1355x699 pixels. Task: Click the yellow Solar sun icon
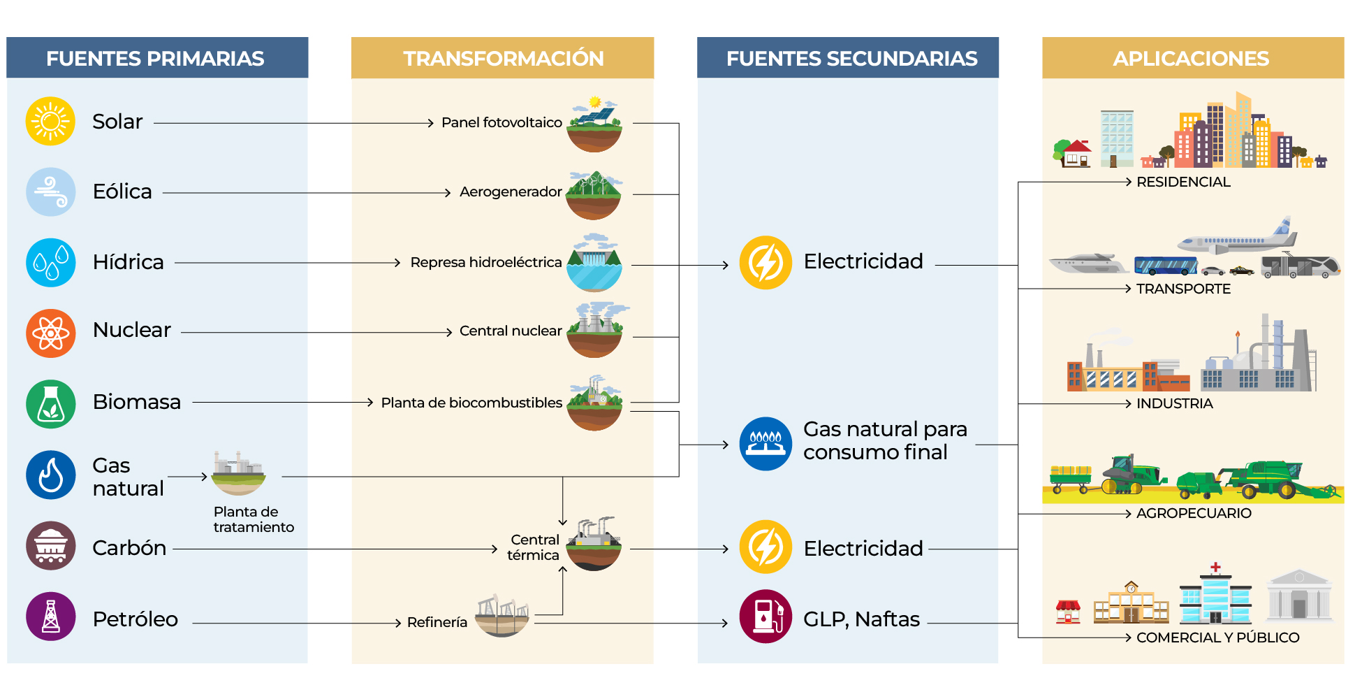[x=50, y=122]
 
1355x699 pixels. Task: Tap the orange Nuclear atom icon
[x=50, y=333]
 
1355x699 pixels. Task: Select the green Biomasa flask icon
[x=50, y=404]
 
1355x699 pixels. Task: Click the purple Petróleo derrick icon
[x=50, y=617]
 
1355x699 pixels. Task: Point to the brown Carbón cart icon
[x=50, y=546]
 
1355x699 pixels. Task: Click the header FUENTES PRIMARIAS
[x=155, y=58]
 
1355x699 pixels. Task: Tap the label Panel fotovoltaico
[x=501, y=122]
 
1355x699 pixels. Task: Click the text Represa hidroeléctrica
[x=485, y=262]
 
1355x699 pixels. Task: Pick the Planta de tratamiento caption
[x=253, y=519]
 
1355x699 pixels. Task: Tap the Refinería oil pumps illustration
[x=502, y=615]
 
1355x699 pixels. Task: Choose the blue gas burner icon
[x=766, y=444]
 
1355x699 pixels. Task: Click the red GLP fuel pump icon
[x=766, y=617]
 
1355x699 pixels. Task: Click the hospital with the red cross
[x=1215, y=598]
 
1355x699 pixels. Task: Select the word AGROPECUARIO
[x=1193, y=513]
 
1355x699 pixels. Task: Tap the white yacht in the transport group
[x=1087, y=264]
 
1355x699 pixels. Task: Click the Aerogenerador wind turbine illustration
[x=594, y=194]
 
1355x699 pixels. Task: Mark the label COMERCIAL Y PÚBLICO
[x=1217, y=637]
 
